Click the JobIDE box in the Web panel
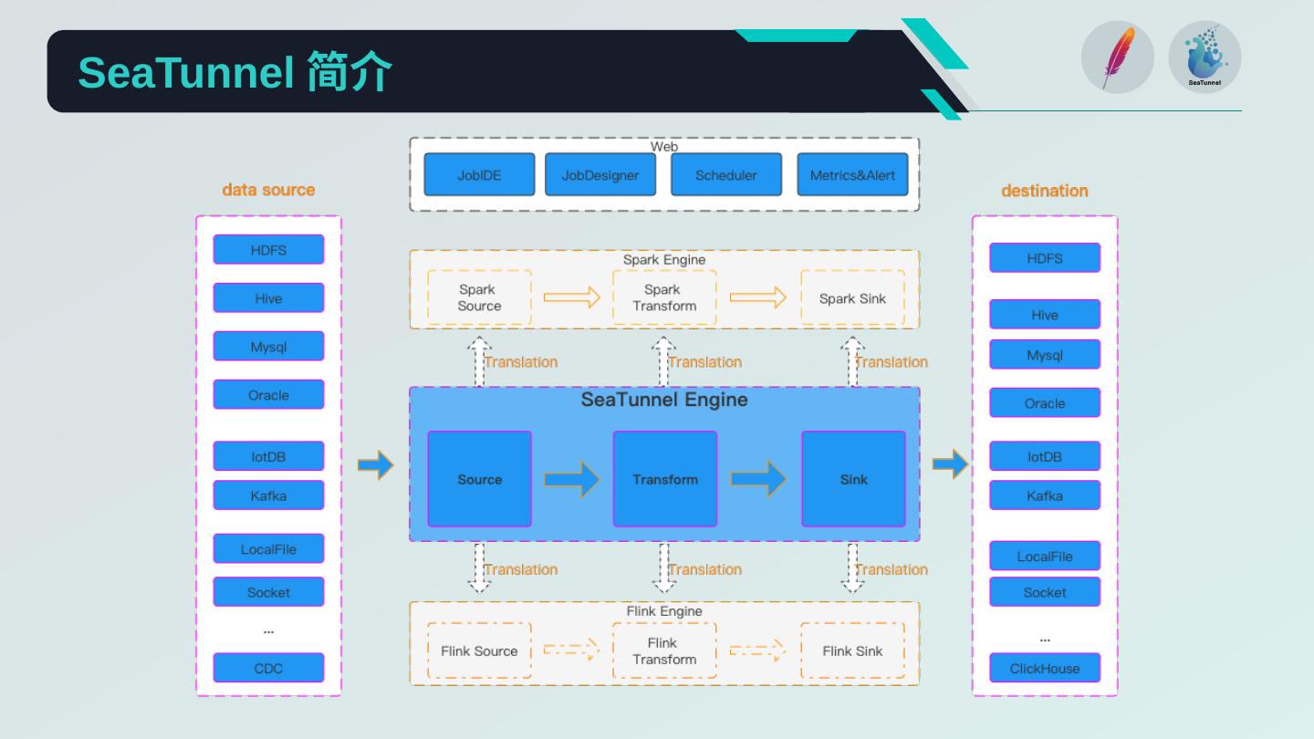pos(479,174)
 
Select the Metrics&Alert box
pos(852,174)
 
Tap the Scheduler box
pos(726,174)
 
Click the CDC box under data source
pos(268,668)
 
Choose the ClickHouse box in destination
pos(1045,668)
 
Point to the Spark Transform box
pos(664,298)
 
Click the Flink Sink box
pos(852,651)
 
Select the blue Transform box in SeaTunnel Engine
pos(664,479)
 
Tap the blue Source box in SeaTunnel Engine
pos(479,479)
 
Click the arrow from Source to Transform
pos(572,479)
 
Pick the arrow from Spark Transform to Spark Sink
pos(757,297)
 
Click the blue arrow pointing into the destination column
pos(950,464)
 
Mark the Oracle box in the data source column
pos(268,395)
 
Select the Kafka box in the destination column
pos(1045,495)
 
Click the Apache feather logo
pos(1117,57)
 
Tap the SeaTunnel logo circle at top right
pos(1204,57)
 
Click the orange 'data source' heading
pos(268,190)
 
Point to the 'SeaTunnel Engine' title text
pos(664,400)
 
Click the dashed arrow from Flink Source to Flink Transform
pos(571,651)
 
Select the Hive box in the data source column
pos(268,298)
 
